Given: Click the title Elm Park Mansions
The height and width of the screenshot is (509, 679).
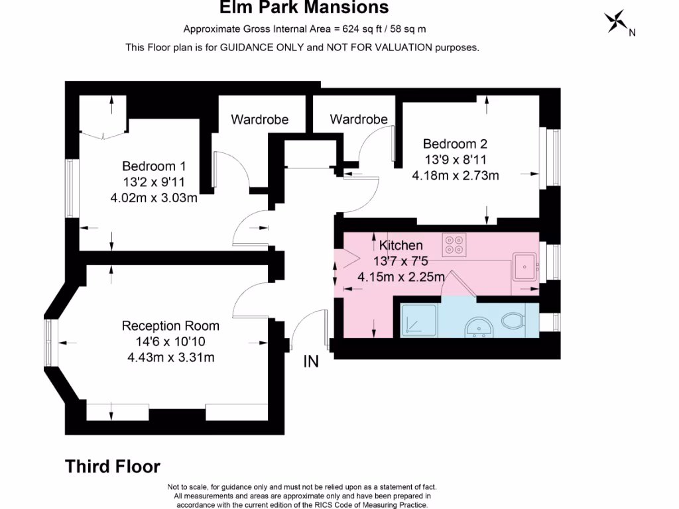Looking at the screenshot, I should (x=304, y=8).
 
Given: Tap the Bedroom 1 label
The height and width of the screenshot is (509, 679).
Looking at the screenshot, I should (x=154, y=166).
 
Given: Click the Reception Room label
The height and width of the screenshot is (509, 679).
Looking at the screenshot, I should (x=170, y=326).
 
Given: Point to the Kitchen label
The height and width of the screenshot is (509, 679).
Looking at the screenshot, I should (x=401, y=245).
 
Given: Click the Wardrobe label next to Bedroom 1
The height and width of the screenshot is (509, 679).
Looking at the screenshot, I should (x=259, y=120).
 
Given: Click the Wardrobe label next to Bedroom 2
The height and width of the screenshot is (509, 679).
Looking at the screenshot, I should (x=359, y=120).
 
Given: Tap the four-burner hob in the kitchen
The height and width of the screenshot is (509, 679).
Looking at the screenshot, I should (x=454, y=245).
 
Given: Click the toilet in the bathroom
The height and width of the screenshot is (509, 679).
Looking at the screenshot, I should (x=514, y=321).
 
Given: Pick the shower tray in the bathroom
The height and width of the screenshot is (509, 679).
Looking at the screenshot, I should (x=418, y=321).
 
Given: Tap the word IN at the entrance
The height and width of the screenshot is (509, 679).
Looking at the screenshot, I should (x=311, y=362).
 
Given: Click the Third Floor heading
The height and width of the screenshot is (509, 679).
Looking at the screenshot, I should (x=113, y=467).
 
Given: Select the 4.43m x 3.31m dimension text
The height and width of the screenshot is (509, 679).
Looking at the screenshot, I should (x=170, y=358).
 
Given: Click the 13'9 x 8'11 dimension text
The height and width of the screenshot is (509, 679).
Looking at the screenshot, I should (x=455, y=160).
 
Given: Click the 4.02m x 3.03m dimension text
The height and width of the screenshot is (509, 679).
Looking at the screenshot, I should (x=154, y=197).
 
